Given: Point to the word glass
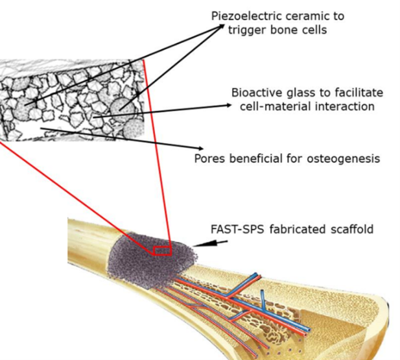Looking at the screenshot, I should click(298, 93).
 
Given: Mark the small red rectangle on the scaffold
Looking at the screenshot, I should click(161, 250).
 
